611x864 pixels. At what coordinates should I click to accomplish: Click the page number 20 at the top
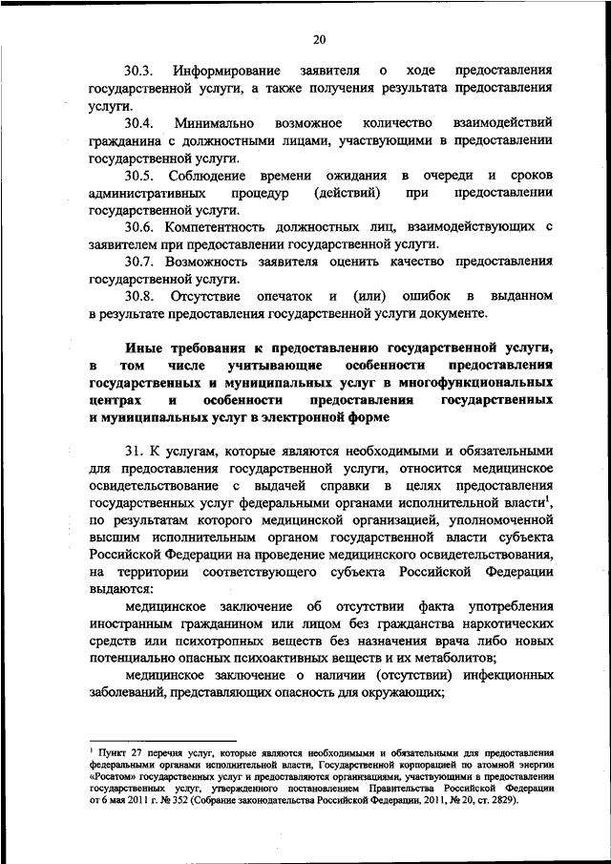pyautogui.click(x=319, y=39)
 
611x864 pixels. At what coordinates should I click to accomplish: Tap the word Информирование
pyautogui.click(x=226, y=72)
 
